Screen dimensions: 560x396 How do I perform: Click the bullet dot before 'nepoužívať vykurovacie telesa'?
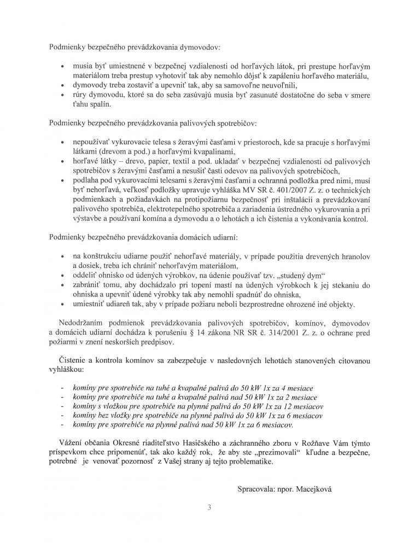[66, 141]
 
